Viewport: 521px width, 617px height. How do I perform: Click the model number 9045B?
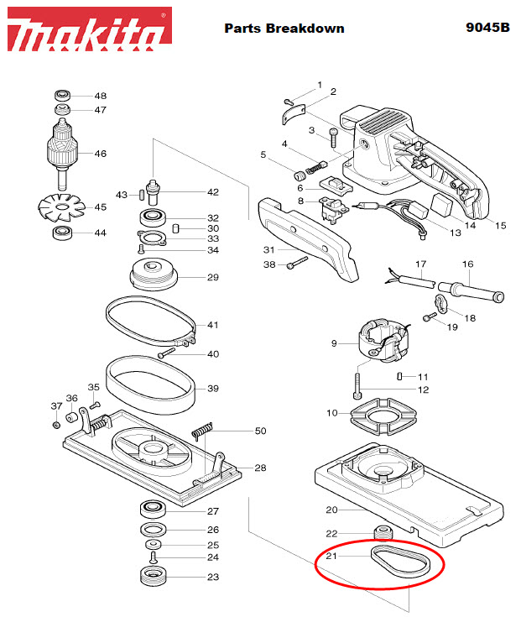tap(487, 28)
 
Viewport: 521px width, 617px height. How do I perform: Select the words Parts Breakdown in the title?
tap(284, 28)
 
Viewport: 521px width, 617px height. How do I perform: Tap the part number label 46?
tap(100, 154)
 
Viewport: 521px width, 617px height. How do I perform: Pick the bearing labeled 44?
tap(63, 233)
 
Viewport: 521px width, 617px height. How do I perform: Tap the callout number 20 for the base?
tap(331, 510)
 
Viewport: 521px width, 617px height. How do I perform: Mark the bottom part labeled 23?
tap(153, 578)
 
